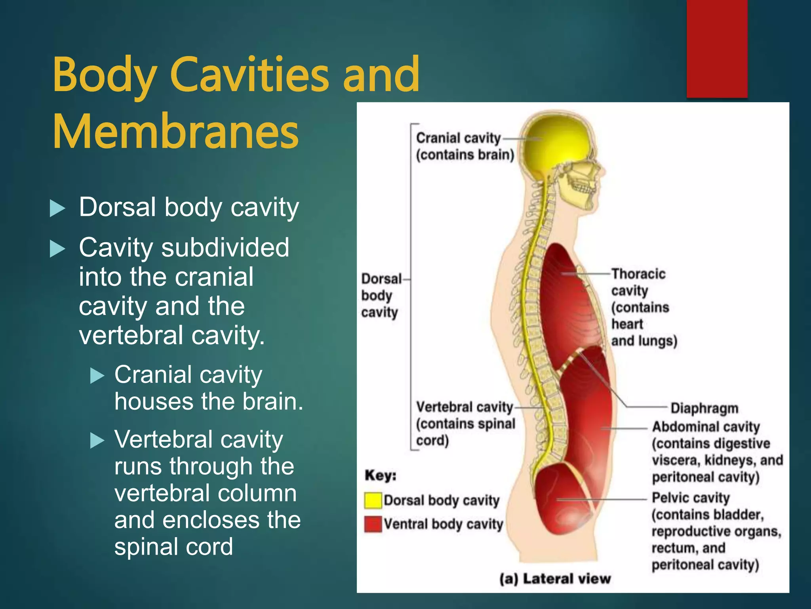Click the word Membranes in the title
(x=175, y=132)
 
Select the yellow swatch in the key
(x=373, y=500)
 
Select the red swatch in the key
(x=373, y=524)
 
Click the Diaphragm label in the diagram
(x=704, y=408)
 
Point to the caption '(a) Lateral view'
(x=555, y=579)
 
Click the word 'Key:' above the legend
(x=380, y=475)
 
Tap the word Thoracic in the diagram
(x=638, y=274)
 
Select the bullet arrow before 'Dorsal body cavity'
(x=57, y=209)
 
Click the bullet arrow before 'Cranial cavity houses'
(x=97, y=375)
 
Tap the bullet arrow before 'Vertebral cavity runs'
(x=97, y=440)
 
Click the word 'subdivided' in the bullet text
(x=225, y=248)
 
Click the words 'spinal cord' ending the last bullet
(x=173, y=547)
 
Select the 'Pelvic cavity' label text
(x=691, y=498)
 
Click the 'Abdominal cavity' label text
(x=706, y=427)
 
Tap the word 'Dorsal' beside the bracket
(x=381, y=279)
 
